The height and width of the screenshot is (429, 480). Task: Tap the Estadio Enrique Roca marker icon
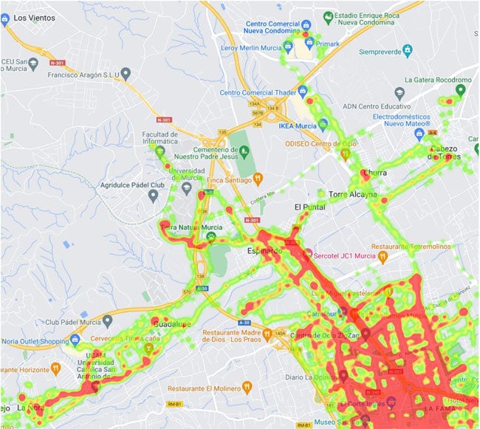pos(327,16)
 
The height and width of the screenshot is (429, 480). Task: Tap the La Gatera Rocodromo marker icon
pos(461,90)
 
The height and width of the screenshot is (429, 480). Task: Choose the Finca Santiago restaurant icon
pos(258,178)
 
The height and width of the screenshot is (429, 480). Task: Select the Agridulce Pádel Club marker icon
pos(154,196)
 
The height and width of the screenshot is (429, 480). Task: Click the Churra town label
pos(375,174)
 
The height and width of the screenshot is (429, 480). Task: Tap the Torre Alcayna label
pos(352,195)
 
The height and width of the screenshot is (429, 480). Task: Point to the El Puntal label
pos(309,207)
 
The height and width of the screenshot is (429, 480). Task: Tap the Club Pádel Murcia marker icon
pos(108,321)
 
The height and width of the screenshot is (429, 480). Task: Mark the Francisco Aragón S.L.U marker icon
pos(126,74)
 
